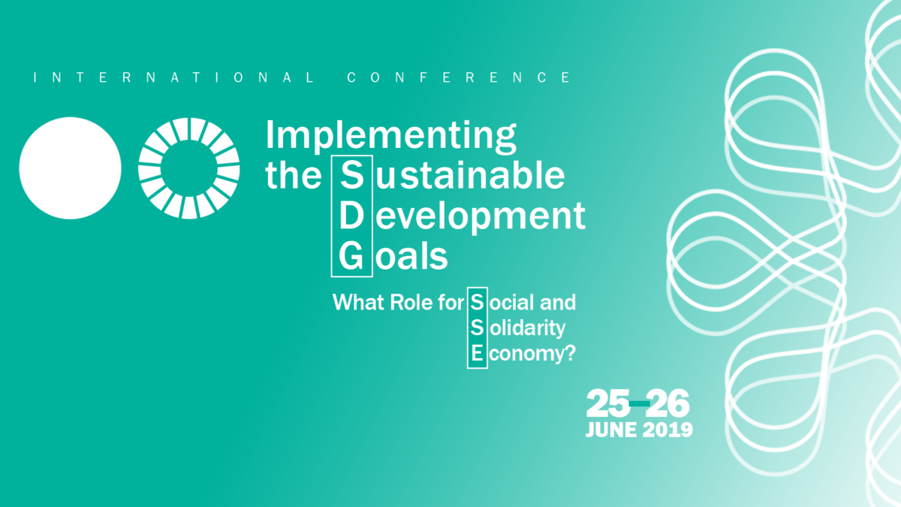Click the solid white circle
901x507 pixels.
tap(70, 168)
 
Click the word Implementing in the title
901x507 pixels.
tap(390, 136)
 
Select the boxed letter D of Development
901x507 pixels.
tap(351, 216)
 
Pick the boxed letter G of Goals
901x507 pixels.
tap(351, 256)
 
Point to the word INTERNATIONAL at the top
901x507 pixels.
tap(173, 77)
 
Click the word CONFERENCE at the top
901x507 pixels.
tap(459, 77)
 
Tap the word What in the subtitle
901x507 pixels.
tap(358, 303)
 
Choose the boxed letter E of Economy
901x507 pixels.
tap(477, 354)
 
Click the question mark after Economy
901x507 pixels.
tap(571, 353)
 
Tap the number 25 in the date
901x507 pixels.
tap(608, 403)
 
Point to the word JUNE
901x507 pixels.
tap(611, 430)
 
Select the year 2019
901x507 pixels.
tap(667, 430)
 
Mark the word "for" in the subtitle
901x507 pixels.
tap(451, 303)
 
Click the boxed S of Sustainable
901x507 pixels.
tap(352, 176)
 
